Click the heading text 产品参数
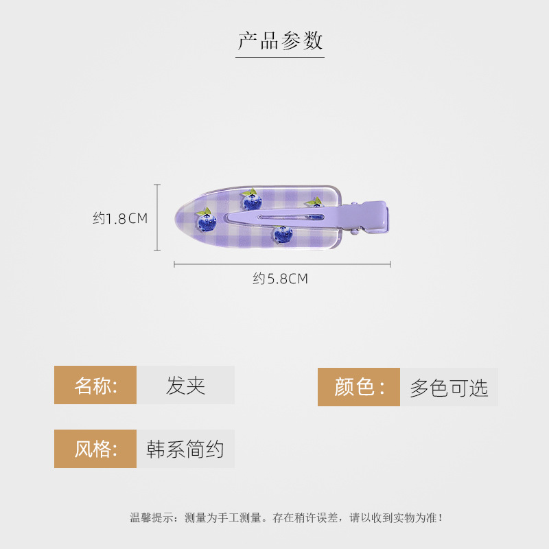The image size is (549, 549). pyautogui.click(x=280, y=40)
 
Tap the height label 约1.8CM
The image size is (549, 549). pyautogui.click(x=120, y=218)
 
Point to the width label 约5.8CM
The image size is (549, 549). pyautogui.click(x=280, y=279)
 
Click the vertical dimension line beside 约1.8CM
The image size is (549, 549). pyautogui.click(x=157, y=218)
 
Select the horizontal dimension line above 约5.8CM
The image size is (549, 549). pyautogui.click(x=282, y=264)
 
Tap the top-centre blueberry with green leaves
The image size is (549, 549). pyautogui.click(x=251, y=200)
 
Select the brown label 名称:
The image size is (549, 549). pyautogui.click(x=95, y=385)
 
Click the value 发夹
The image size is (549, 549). pyautogui.click(x=185, y=385)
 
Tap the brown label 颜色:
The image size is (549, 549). pyautogui.click(x=358, y=387)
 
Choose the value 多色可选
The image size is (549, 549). pyautogui.click(x=449, y=388)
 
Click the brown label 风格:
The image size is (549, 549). pyautogui.click(x=95, y=449)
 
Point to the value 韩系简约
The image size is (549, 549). pyautogui.click(x=185, y=449)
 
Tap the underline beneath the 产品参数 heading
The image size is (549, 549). pyautogui.click(x=280, y=57)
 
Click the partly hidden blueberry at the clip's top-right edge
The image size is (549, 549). pyautogui.click(x=314, y=203)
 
